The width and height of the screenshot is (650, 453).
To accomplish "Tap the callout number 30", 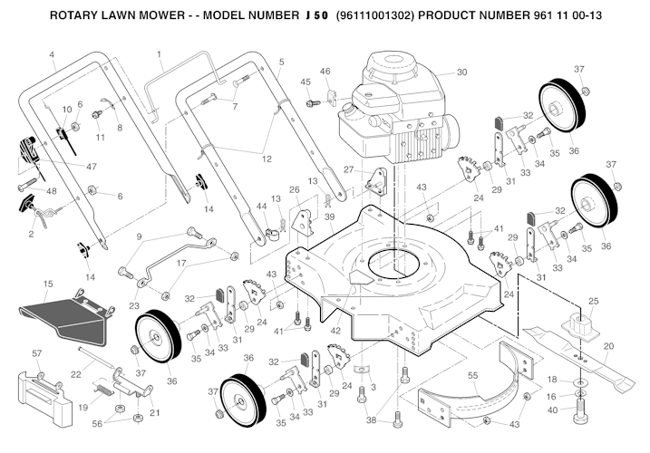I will (461, 72).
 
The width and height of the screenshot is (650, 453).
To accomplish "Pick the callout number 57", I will (38, 352).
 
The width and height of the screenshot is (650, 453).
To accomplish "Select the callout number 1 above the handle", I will (160, 54).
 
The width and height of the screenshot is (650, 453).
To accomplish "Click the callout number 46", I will (325, 72).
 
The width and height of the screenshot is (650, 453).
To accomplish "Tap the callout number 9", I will (139, 237).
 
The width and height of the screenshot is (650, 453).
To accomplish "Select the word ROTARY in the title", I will (75, 16).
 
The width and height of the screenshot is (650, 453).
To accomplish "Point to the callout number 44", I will (261, 207).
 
